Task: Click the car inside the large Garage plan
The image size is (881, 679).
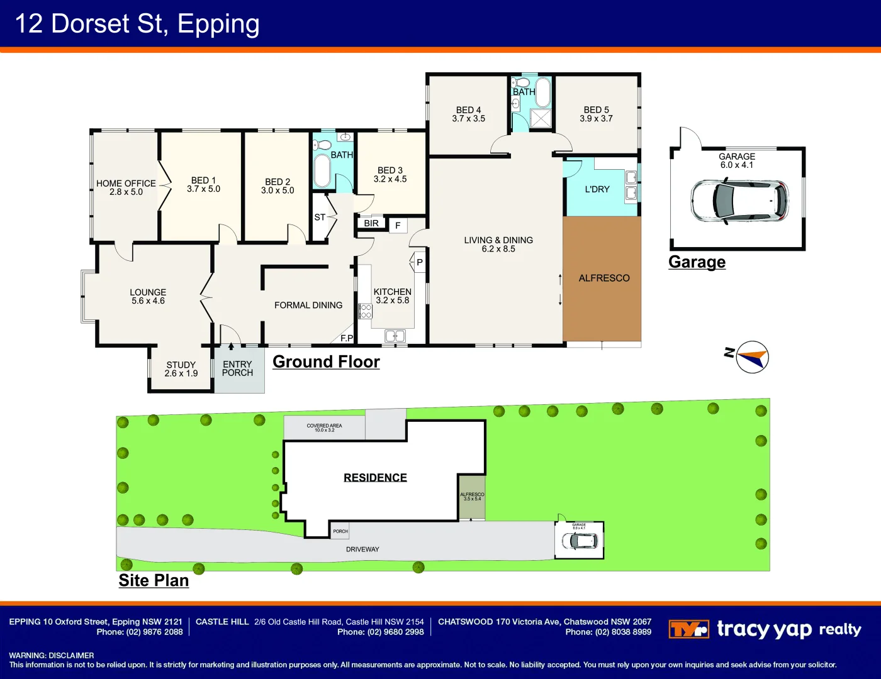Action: [739, 201]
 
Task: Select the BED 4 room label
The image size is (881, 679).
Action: [468, 110]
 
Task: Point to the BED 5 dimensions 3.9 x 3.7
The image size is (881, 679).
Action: [596, 119]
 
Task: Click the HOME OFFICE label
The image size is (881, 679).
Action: [126, 184]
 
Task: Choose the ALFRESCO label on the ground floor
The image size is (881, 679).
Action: [603, 278]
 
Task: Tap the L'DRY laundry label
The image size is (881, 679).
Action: [597, 189]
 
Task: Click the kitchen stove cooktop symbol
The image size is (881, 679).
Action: [365, 311]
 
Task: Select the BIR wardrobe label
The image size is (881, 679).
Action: [371, 223]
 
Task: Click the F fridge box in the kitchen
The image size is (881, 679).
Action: [398, 225]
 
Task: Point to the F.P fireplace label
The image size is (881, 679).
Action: [347, 338]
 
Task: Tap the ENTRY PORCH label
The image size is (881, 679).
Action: [237, 368]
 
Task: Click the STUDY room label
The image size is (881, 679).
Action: [181, 365]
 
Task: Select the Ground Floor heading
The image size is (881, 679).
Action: [326, 362]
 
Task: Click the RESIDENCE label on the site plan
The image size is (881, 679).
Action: [375, 478]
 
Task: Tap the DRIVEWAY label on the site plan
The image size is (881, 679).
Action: [362, 549]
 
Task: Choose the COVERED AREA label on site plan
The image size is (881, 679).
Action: [324, 426]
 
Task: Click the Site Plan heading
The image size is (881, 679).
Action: [154, 580]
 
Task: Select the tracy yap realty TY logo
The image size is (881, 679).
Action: [688, 629]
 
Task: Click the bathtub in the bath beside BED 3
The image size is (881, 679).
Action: [322, 171]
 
